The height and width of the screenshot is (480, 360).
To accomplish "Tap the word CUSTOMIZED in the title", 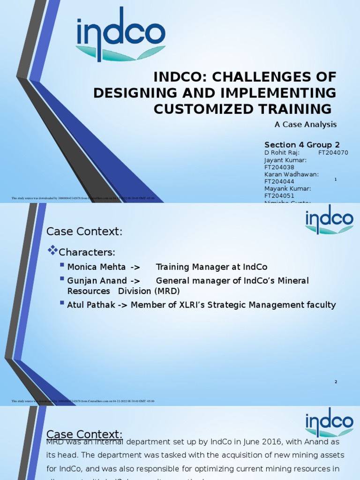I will pyautogui.click(x=198, y=109).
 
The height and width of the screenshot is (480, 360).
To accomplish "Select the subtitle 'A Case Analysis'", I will pyautogui.click(x=305, y=124).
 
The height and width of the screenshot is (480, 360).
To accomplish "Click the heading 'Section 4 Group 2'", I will pyautogui.click(x=302, y=144).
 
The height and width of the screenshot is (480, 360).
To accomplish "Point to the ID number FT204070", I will pyautogui.click(x=333, y=153).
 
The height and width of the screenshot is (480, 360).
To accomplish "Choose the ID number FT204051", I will pyautogui.click(x=279, y=195).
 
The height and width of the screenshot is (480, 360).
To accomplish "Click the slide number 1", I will pyautogui.click(x=336, y=180).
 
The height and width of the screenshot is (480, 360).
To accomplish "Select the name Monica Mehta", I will pyautogui.click(x=96, y=267).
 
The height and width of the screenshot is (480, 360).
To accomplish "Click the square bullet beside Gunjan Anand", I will pyautogui.click(x=63, y=279).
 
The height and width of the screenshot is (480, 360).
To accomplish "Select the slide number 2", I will pyautogui.click(x=336, y=382).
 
